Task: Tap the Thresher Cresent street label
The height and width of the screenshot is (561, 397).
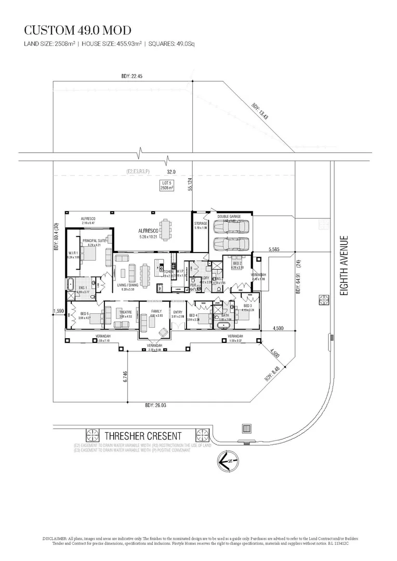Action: pos(143,436)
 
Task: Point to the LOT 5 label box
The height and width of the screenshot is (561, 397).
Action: pos(167,185)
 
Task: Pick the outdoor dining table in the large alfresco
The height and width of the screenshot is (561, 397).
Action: pos(165,230)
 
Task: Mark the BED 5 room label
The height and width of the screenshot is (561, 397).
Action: pos(85,313)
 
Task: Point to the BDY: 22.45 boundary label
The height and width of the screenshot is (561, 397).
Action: pos(131,76)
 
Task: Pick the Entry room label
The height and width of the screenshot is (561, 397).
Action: pos(178,312)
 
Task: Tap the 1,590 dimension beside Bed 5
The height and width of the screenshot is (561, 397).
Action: pos(58,311)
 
